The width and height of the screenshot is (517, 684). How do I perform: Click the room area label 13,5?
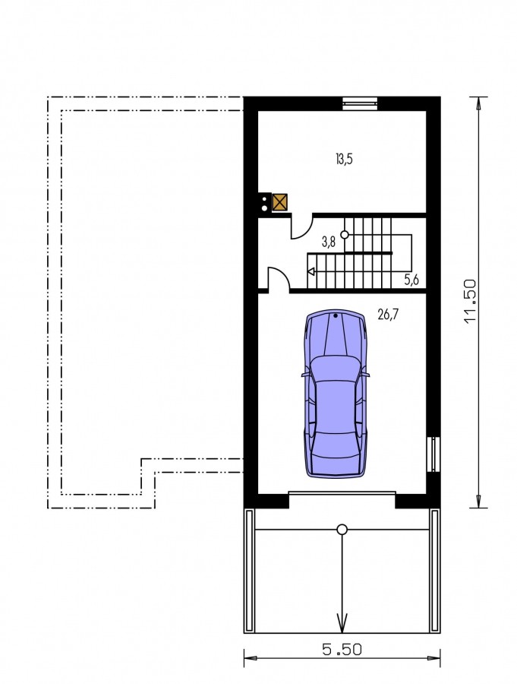(x=344, y=160)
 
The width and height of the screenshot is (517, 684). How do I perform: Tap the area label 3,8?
(x=329, y=242)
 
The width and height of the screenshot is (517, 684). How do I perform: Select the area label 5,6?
(x=411, y=280)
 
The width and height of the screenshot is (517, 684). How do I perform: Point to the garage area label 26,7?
(x=387, y=314)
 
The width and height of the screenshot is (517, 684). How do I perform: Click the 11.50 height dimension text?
(x=471, y=301)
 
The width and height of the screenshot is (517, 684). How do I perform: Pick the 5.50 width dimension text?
(x=342, y=650)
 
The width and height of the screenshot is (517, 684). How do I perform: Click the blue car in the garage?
(x=336, y=393)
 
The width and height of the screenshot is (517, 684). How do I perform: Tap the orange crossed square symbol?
(x=280, y=202)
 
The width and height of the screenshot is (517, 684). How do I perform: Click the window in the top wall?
(x=360, y=103)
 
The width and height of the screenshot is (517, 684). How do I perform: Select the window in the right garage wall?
(x=433, y=454)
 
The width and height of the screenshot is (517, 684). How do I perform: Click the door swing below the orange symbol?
(x=302, y=226)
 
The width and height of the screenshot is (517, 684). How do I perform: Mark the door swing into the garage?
(x=279, y=279)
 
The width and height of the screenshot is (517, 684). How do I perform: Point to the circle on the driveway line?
(x=342, y=530)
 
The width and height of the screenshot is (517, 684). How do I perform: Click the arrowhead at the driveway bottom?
(x=342, y=623)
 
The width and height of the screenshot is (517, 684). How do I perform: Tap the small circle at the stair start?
(x=345, y=235)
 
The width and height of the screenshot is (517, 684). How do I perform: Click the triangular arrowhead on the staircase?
(x=311, y=272)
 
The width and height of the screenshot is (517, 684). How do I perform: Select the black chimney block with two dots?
(x=265, y=202)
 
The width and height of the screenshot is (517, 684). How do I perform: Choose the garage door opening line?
(x=342, y=493)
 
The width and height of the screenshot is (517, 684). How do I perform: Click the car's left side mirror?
(x=304, y=374)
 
